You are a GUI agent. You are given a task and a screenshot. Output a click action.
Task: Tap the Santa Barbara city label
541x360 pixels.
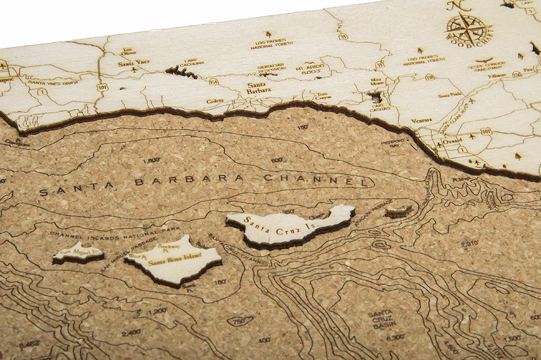[259, 88]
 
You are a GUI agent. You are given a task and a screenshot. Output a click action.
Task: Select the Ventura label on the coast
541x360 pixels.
[421, 121]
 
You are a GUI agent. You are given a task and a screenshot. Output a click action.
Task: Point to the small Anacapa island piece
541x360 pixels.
[398, 210]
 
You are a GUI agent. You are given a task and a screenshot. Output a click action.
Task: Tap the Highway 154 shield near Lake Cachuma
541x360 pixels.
[214, 81]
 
